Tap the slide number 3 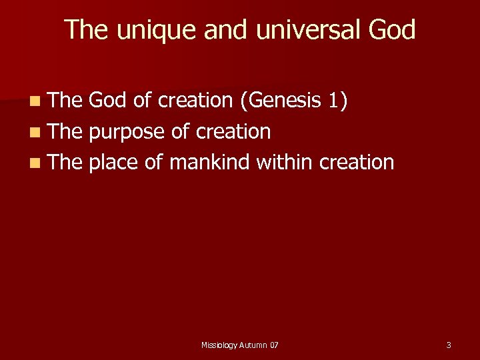(449, 345)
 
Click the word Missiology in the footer (219, 345)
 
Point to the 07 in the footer (275, 345)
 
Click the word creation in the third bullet (357, 162)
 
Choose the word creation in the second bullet (233, 131)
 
